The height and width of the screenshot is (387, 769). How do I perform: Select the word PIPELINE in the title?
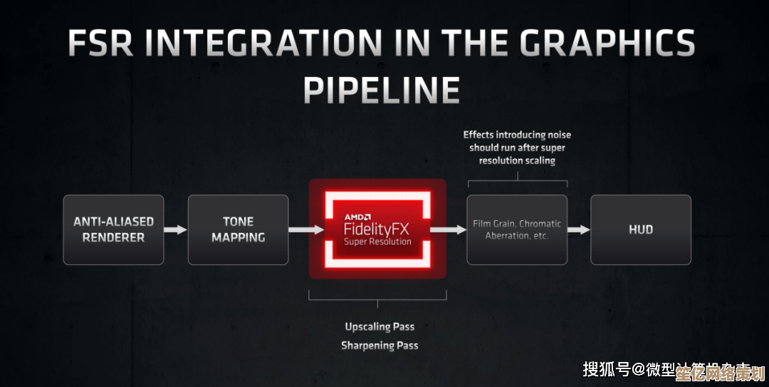381,91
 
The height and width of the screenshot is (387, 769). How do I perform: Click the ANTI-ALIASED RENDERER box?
113,229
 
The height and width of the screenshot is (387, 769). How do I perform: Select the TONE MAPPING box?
238,229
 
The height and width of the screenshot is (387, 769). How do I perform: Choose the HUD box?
640,229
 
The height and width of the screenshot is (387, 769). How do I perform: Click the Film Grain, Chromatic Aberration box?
517,229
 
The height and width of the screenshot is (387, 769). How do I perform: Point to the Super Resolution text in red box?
377,242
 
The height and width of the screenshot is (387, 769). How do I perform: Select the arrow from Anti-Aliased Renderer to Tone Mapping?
175,229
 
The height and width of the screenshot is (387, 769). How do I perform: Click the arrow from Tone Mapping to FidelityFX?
298,229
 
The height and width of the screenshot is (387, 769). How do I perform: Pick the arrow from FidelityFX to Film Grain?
448,229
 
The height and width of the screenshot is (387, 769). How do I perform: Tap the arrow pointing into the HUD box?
579,229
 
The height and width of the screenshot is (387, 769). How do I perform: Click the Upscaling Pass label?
380,326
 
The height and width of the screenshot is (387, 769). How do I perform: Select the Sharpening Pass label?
380,346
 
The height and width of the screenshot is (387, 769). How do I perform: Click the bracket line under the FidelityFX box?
377,298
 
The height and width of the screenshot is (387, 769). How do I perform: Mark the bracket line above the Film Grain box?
517,180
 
